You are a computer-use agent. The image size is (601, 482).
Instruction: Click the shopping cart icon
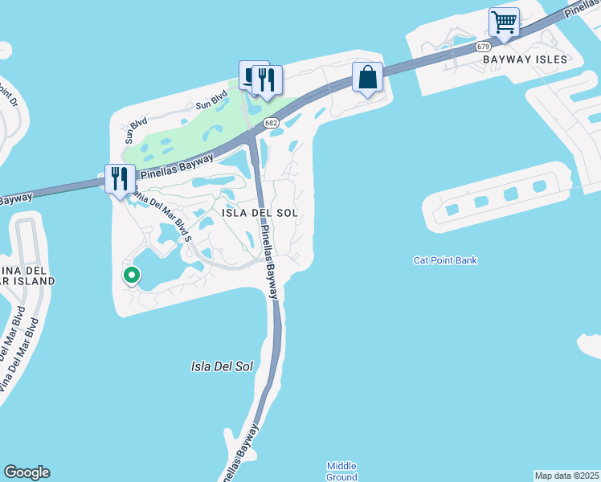point(504,22)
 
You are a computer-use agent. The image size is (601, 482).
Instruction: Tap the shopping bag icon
point(367,78)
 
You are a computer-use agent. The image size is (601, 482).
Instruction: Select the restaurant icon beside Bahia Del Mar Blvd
point(120,179)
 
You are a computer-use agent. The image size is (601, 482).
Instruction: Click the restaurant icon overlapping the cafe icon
point(267,80)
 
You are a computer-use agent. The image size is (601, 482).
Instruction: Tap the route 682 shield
point(271,122)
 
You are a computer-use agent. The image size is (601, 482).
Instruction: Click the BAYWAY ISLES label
point(525,59)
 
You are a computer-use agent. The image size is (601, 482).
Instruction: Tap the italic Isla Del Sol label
point(222,366)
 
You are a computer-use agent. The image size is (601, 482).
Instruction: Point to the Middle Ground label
point(341,472)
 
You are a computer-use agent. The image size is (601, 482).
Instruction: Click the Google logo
point(27,472)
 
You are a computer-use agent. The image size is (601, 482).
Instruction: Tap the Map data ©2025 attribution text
point(567,476)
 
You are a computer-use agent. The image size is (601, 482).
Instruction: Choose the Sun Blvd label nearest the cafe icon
point(212,103)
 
